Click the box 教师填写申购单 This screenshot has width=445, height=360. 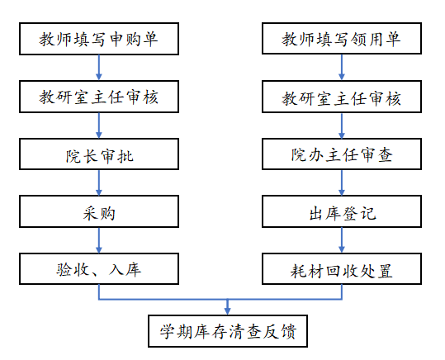click(99, 39)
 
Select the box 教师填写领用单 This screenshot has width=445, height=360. click(342, 38)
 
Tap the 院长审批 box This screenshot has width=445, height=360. click(99, 154)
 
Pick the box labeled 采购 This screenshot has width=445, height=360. click(99, 211)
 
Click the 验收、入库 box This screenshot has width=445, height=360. click(99, 269)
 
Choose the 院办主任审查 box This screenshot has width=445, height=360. click(342, 154)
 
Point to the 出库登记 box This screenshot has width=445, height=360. click(342, 211)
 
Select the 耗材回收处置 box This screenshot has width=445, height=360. click(342, 269)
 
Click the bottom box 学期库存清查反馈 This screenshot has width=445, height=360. click(228, 331)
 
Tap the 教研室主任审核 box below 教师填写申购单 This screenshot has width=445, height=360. click(99, 97)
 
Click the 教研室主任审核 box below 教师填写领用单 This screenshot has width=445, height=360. click(342, 97)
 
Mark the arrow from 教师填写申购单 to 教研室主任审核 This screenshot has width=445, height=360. click(99, 68)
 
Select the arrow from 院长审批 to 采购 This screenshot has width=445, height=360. click(99, 182)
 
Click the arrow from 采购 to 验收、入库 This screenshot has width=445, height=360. click(99, 240)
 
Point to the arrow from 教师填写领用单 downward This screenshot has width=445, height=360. click(342, 67)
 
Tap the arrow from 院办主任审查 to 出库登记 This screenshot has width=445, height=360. click(342, 182)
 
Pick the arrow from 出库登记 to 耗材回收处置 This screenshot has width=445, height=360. click(342, 240)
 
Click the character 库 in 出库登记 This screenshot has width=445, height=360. click(334, 213)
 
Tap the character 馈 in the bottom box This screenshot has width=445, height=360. click(288, 331)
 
